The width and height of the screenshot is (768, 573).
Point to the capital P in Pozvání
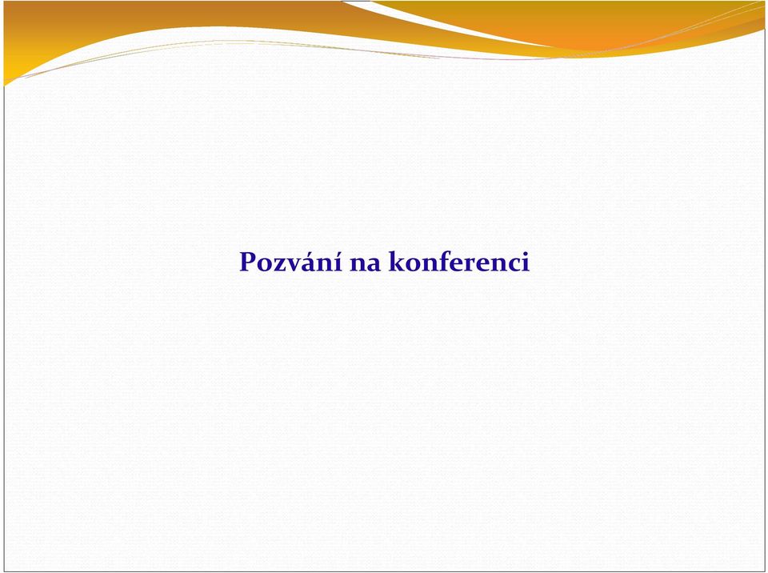(x=247, y=262)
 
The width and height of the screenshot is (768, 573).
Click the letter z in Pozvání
(x=281, y=264)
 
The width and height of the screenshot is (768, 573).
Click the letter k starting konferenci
(x=398, y=261)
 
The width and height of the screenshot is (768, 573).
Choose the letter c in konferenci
(x=514, y=264)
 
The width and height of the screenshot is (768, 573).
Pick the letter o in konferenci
(x=414, y=264)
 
